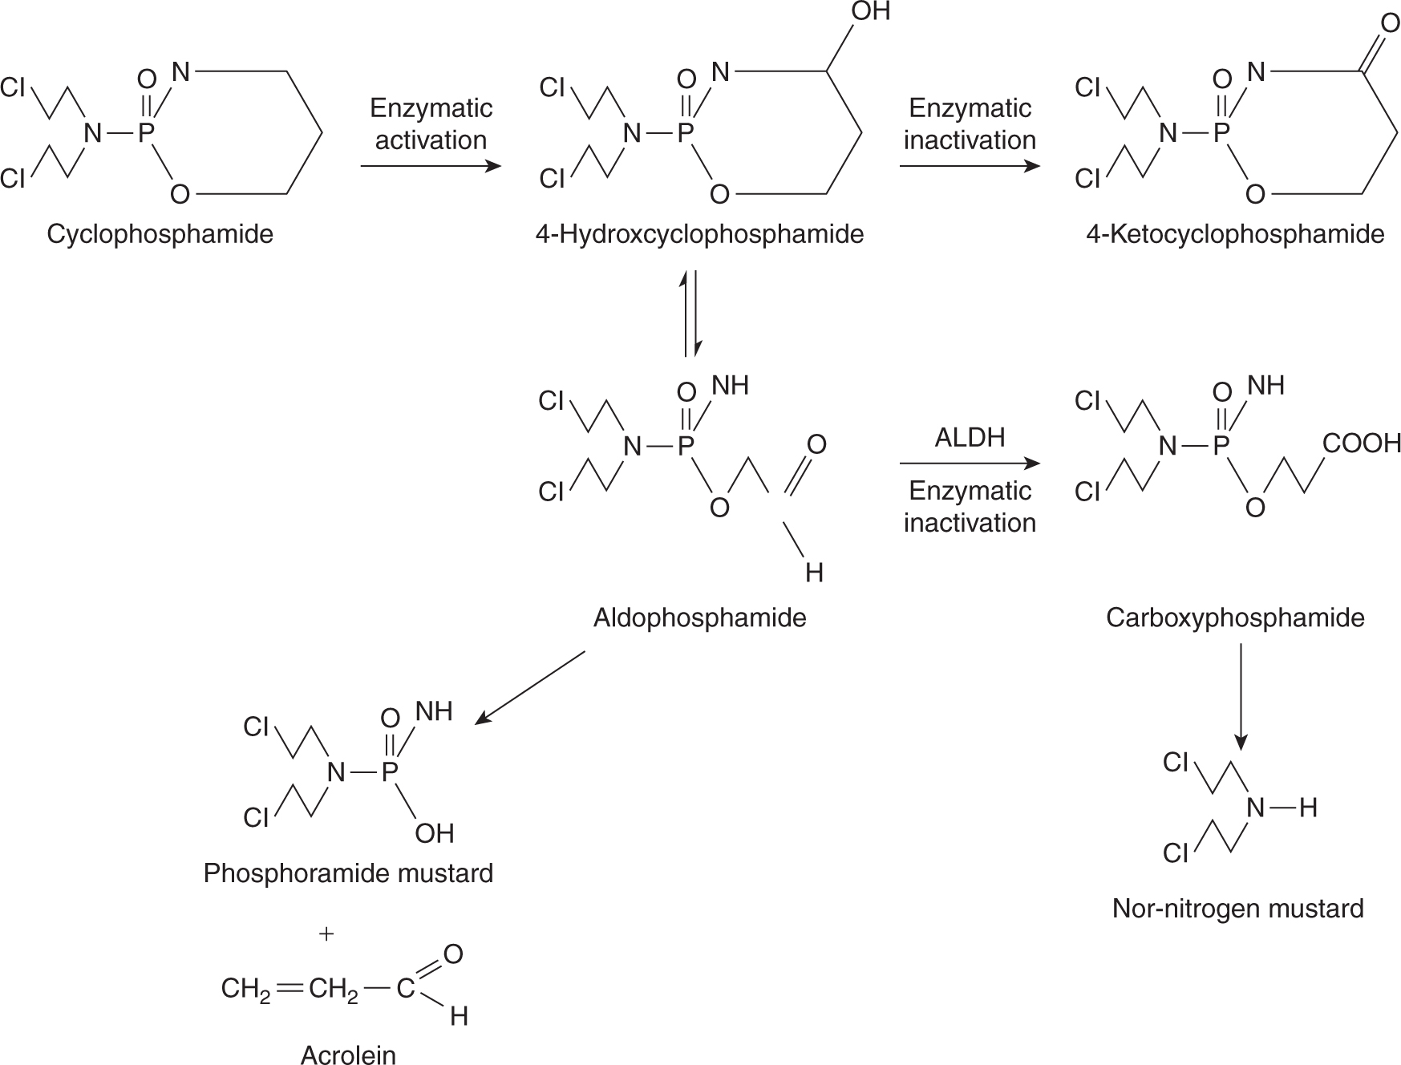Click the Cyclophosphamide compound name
point(160,234)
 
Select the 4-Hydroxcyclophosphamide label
point(699,234)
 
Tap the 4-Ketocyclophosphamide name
point(1235,234)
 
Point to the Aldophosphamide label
point(699,618)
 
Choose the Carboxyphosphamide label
point(1235,618)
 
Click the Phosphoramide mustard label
point(348,873)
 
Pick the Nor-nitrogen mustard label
point(1237,908)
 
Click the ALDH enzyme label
point(970,438)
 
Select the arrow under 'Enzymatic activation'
point(431,167)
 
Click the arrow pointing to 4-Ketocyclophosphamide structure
point(970,167)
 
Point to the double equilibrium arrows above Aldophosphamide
point(691,314)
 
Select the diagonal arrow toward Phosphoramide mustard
point(531,687)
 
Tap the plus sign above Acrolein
point(326,933)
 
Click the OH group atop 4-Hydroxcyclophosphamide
point(870,12)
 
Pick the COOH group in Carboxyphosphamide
point(1361,443)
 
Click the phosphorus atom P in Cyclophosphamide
point(145,133)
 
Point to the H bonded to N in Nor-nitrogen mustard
point(1308,808)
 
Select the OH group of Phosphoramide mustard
point(435,833)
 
